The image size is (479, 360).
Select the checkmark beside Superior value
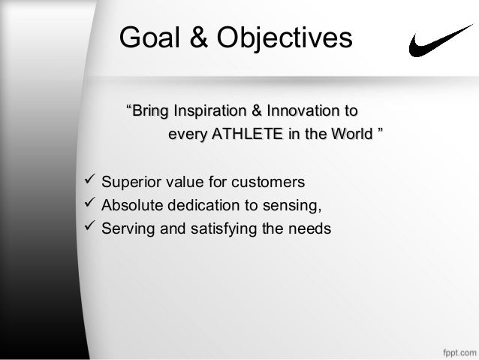[87, 182]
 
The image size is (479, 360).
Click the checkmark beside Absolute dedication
[87, 204]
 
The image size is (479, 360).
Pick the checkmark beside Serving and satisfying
[87, 227]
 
